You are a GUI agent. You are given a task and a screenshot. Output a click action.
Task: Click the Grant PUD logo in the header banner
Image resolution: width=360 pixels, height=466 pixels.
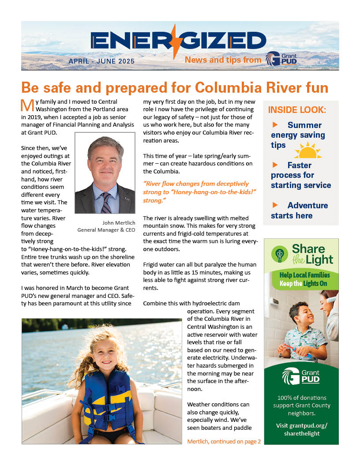281,60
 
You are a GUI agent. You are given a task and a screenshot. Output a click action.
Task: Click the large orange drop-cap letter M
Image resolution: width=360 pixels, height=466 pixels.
27,106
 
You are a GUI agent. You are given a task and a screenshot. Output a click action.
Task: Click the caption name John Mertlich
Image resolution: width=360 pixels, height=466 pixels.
119,223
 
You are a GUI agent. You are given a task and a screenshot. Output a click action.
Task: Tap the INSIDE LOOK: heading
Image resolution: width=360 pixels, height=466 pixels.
297,110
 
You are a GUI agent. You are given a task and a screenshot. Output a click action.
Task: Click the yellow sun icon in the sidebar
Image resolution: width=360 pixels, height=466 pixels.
308,151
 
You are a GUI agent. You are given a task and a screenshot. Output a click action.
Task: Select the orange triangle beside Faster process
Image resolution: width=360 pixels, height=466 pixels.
275,165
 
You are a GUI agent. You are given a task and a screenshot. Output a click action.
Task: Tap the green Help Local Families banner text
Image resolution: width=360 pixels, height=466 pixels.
304,279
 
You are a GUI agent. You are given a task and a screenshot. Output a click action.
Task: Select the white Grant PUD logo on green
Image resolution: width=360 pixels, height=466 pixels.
301,376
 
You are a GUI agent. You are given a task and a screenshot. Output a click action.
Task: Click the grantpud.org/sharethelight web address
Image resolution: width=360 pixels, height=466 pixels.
301,429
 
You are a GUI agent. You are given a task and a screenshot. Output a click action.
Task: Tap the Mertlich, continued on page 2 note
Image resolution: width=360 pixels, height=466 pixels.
224,441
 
